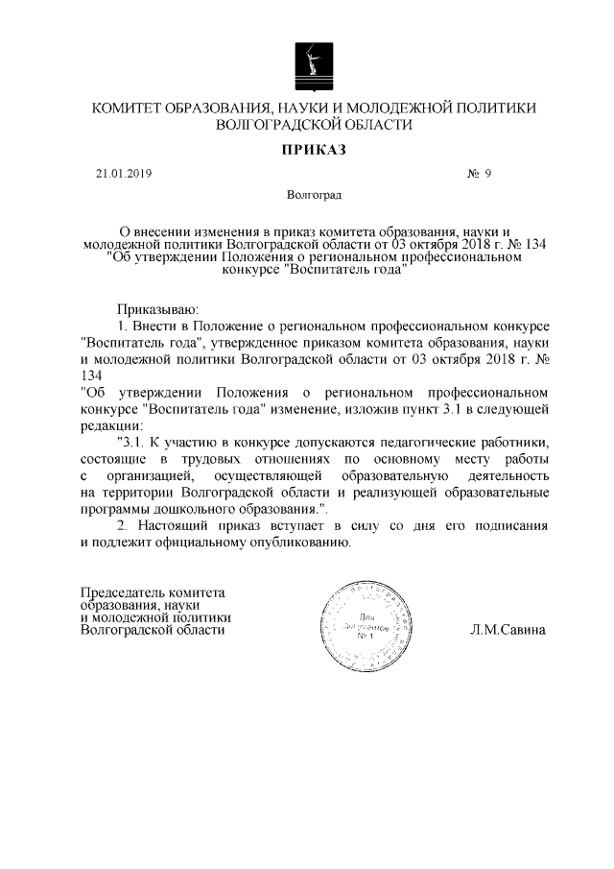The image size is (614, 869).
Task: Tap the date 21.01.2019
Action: point(124,174)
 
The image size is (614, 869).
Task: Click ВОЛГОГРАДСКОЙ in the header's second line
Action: point(278,125)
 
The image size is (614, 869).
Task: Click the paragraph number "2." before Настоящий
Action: point(121,526)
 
